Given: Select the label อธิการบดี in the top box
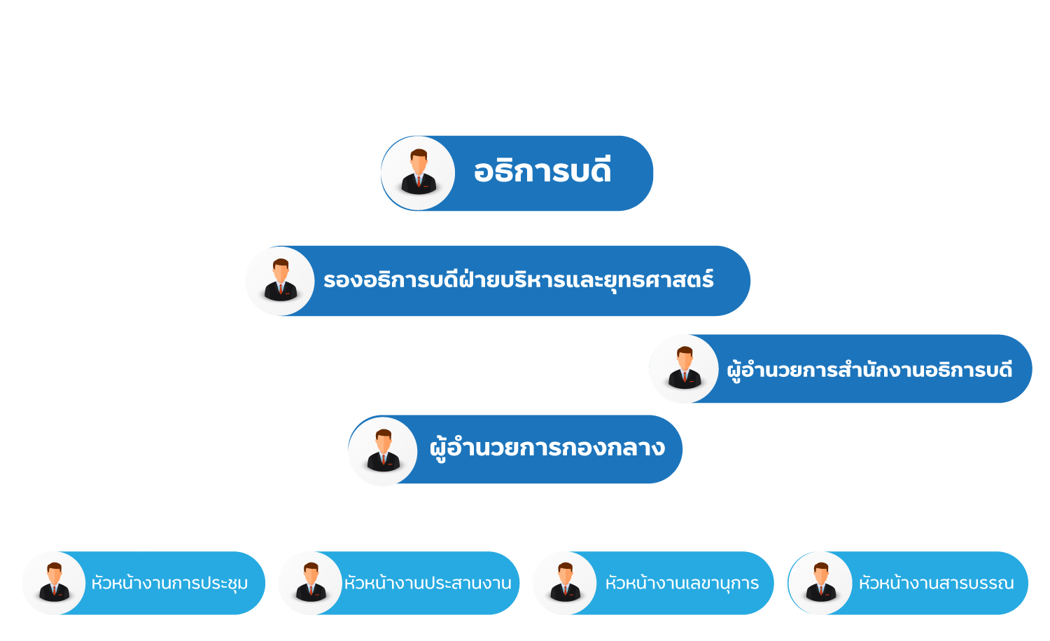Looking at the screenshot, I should click(542, 172).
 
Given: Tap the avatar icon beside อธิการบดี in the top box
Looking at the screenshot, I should click(419, 173).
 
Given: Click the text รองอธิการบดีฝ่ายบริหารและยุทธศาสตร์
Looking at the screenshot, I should click(519, 280).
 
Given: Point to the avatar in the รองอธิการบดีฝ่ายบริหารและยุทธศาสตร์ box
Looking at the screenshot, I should click(280, 281).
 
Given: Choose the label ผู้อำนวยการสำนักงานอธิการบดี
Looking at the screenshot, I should click(869, 369).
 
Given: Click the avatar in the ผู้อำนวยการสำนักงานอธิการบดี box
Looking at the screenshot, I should click(684, 368).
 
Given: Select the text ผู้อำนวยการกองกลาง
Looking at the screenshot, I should click(547, 448).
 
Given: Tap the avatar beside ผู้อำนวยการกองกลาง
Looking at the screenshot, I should click(383, 450).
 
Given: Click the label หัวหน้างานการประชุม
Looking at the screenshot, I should click(169, 583).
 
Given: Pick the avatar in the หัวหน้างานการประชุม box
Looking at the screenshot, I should click(54, 583).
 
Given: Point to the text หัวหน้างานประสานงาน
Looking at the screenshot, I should click(428, 583).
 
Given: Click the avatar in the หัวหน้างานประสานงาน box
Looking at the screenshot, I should click(311, 583).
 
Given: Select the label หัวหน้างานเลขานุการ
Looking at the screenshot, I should click(682, 583).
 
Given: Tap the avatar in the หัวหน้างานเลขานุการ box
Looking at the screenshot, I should click(565, 583).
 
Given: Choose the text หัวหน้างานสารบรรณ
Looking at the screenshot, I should click(936, 583).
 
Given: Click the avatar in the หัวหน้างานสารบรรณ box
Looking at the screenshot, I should click(820, 583).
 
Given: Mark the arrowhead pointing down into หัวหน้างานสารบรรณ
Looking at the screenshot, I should click(920, 546).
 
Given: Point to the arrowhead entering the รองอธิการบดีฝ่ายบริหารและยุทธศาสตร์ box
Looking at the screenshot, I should click(519, 241).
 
